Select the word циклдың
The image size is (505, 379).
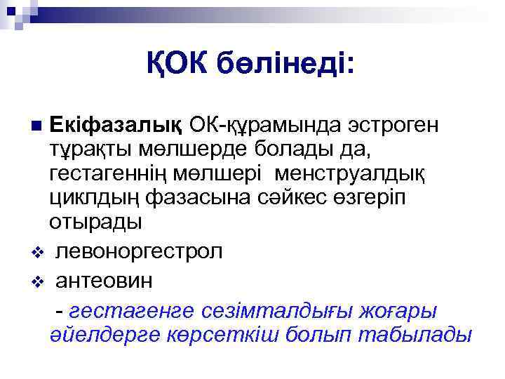95,197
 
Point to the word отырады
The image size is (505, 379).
95,222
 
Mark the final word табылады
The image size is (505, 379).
415,334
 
